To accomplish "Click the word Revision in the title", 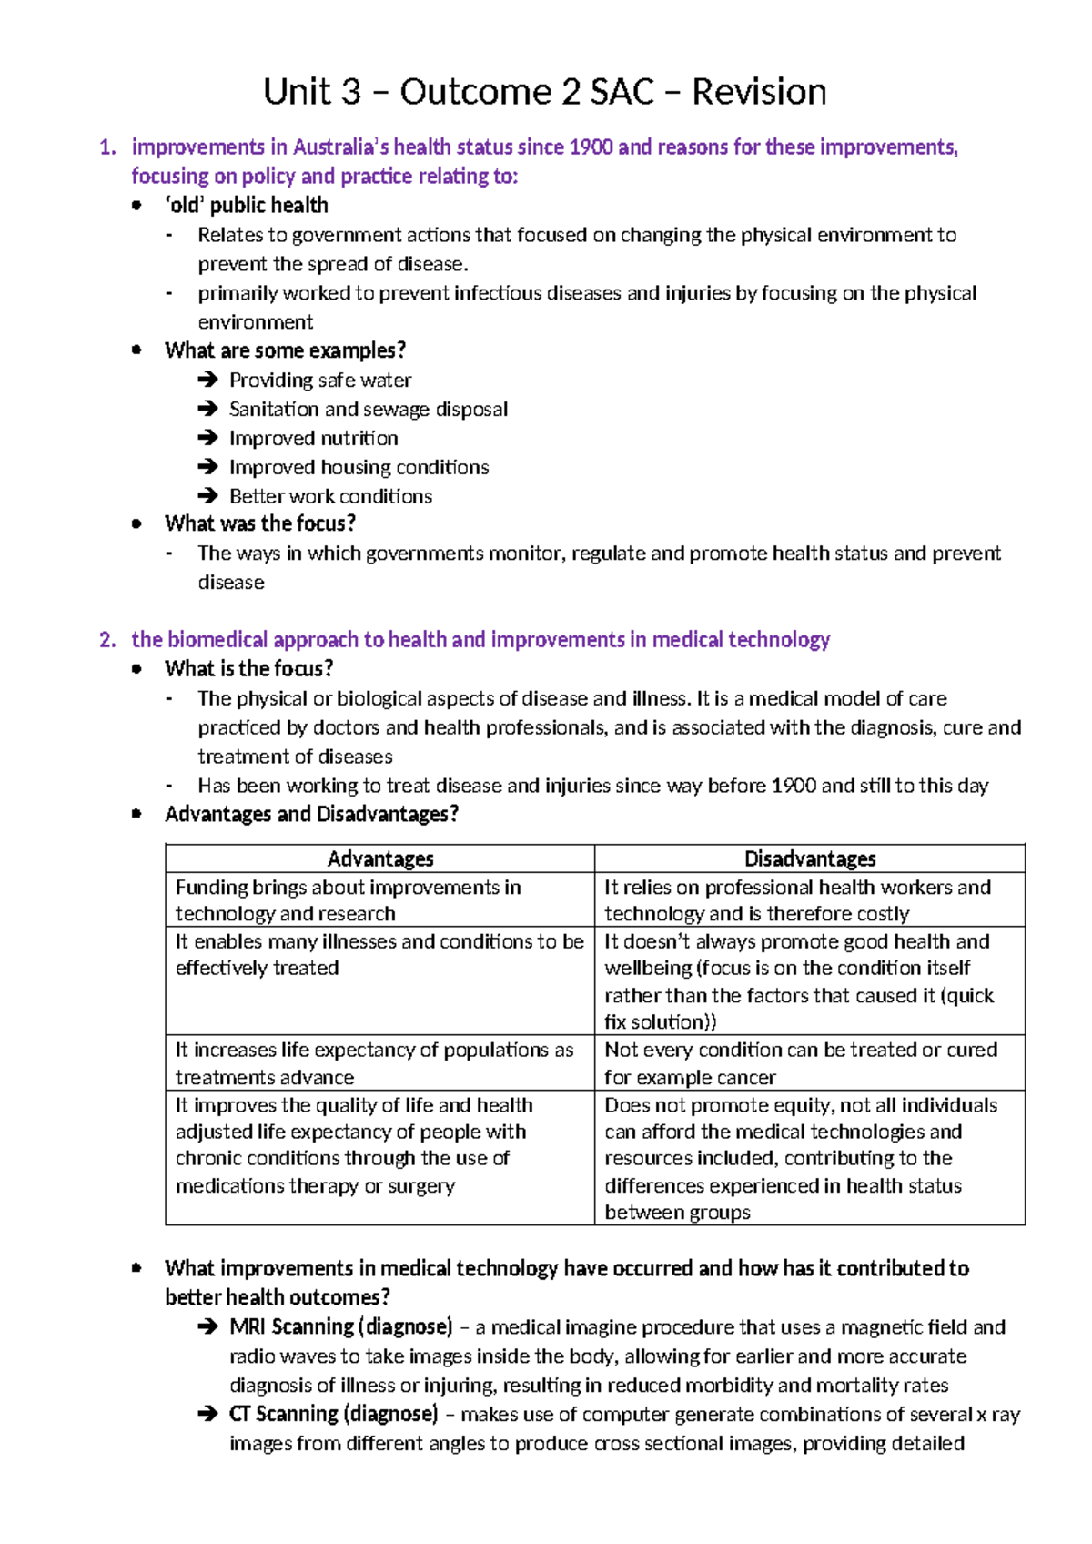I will pyautogui.click(x=759, y=92).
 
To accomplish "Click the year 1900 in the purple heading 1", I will pyautogui.click(x=591, y=147).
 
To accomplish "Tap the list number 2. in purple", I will pyautogui.click(x=108, y=640).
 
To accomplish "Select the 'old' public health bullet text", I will pyautogui.click(x=247, y=206).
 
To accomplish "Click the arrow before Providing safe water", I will pyautogui.click(x=207, y=381).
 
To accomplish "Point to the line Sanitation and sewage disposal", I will pyautogui.click(x=368, y=410).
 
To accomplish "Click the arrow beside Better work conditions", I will pyautogui.click(x=207, y=497).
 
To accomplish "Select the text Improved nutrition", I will pyautogui.click(x=313, y=439).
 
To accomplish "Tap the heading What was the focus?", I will pyautogui.click(x=260, y=523).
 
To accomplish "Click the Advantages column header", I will pyautogui.click(x=380, y=858).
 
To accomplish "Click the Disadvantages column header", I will pyautogui.click(x=810, y=858).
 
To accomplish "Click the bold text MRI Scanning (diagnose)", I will pyautogui.click(x=341, y=1326).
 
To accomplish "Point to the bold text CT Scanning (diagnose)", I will pyautogui.click(x=333, y=1414).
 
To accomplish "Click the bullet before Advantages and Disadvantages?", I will pyautogui.click(x=136, y=814).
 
